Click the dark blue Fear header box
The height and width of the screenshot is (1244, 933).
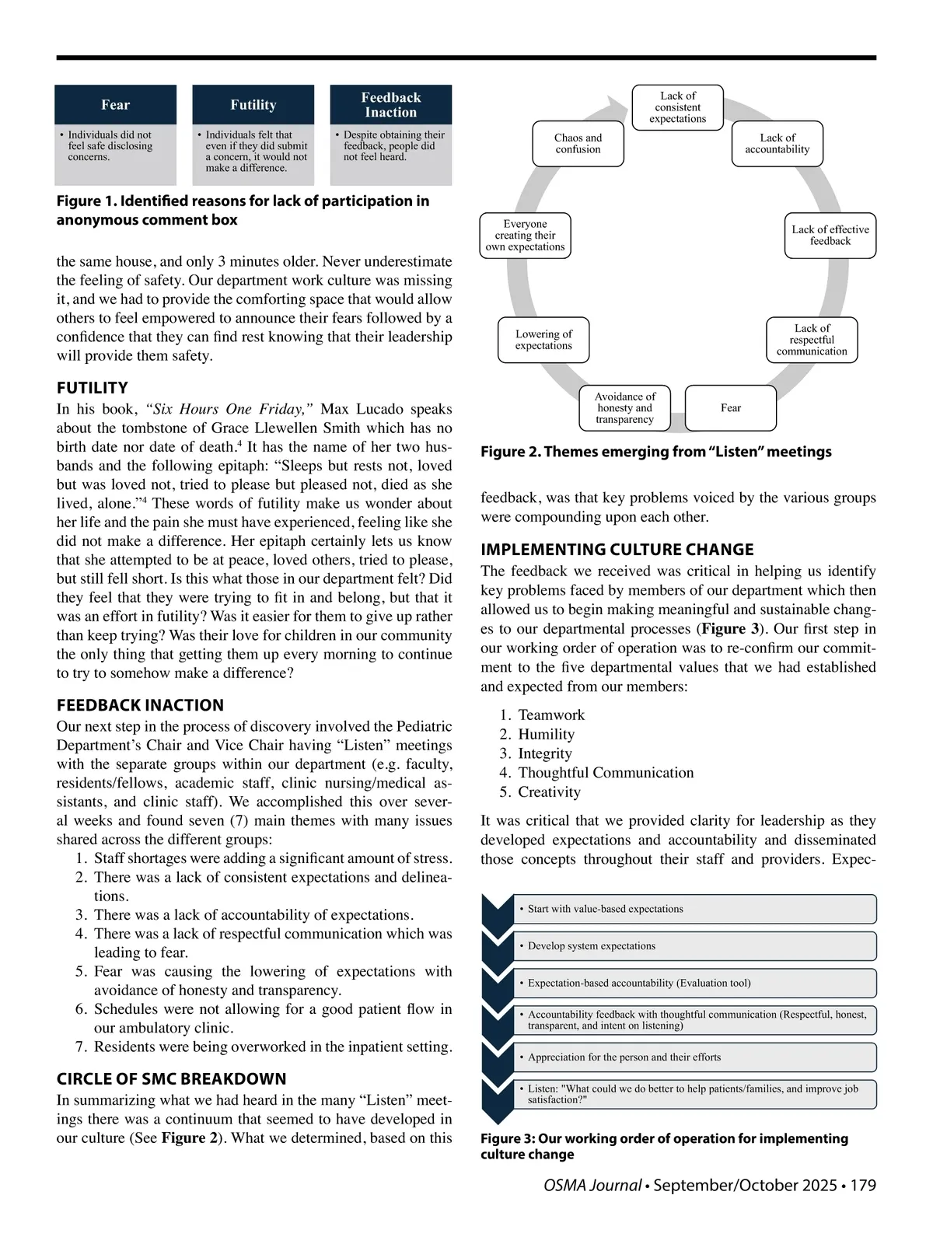[x=115, y=105]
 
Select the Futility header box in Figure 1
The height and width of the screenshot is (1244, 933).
[x=253, y=105]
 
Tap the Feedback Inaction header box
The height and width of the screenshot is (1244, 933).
[x=391, y=105]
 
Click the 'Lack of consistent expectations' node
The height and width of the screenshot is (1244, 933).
[x=678, y=107]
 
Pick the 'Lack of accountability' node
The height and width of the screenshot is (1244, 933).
[x=777, y=143]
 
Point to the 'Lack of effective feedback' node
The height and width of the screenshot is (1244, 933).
[x=830, y=235]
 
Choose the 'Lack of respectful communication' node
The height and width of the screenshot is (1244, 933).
[x=812, y=340]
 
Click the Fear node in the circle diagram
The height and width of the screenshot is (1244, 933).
[x=731, y=407]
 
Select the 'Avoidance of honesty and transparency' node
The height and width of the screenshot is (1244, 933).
[x=625, y=407]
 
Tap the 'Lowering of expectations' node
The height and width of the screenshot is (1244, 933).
[x=543, y=340]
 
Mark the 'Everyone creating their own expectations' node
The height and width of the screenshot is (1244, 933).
[x=525, y=235]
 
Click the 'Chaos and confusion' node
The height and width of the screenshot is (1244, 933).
[x=578, y=143]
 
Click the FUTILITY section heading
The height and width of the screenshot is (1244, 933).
[x=92, y=388]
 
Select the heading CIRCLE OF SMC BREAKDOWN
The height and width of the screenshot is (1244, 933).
[x=171, y=1079]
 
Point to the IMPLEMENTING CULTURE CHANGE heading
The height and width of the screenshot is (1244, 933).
[x=617, y=550]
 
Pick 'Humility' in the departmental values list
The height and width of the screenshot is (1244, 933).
[x=546, y=734]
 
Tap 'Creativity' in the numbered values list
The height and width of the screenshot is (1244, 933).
[x=549, y=791]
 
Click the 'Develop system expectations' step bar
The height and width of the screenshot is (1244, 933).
[x=694, y=946]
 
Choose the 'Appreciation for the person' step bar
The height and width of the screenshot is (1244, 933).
[x=694, y=1057]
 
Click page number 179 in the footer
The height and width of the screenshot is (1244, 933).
[x=863, y=1186]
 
